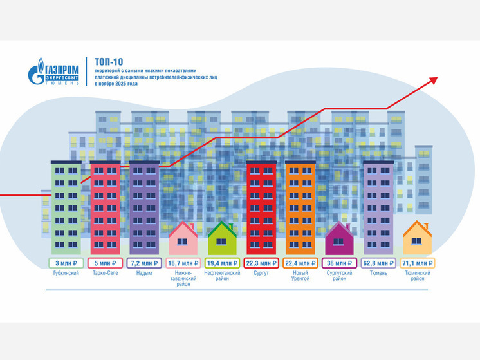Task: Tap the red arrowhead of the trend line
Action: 433,81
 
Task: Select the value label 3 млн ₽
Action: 66,263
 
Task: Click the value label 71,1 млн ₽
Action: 418,263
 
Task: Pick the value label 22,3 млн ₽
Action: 261,263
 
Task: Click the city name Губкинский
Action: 66,273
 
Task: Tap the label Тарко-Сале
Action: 105,273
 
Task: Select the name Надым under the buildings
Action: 144,273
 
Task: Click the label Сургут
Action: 261,273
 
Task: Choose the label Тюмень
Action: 378,273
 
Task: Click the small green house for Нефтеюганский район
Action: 222,240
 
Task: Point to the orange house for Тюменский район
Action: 418,240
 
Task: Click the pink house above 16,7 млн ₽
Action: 183,240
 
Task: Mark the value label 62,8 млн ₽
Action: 378,263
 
